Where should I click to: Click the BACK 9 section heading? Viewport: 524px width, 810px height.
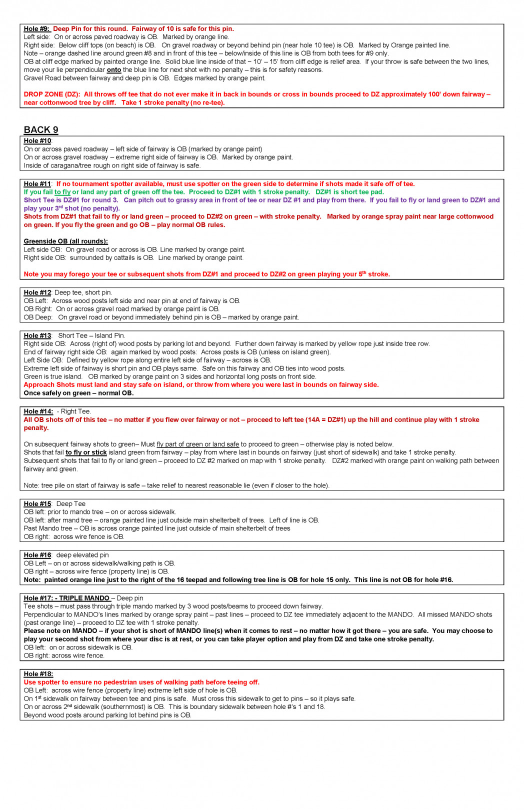[x=41, y=130]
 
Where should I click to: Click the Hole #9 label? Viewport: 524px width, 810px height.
[x=36, y=29]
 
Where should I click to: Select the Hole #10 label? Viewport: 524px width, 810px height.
[x=37, y=141]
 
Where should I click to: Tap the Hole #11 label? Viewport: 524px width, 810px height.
[x=37, y=184]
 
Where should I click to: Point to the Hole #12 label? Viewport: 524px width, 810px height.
[x=37, y=292]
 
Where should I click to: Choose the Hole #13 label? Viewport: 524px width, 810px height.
[x=37, y=335]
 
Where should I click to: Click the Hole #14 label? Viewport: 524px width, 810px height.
[x=38, y=411]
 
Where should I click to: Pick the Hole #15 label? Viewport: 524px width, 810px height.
[x=37, y=504]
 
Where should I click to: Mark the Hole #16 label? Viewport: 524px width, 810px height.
[x=37, y=555]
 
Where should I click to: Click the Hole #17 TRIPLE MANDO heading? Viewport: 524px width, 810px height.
[x=67, y=598]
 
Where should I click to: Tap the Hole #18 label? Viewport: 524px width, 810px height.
[x=38, y=674]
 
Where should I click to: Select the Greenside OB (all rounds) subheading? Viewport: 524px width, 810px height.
[x=65, y=241]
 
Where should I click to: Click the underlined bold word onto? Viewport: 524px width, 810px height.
[x=114, y=70]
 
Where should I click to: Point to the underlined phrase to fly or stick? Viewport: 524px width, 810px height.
[x=86, y=452]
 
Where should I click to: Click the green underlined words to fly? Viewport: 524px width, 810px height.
[x=62, y=192]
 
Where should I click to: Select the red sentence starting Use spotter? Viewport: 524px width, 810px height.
[x=141, y=682]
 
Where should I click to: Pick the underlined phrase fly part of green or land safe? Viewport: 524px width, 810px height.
[x=198, y=444]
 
